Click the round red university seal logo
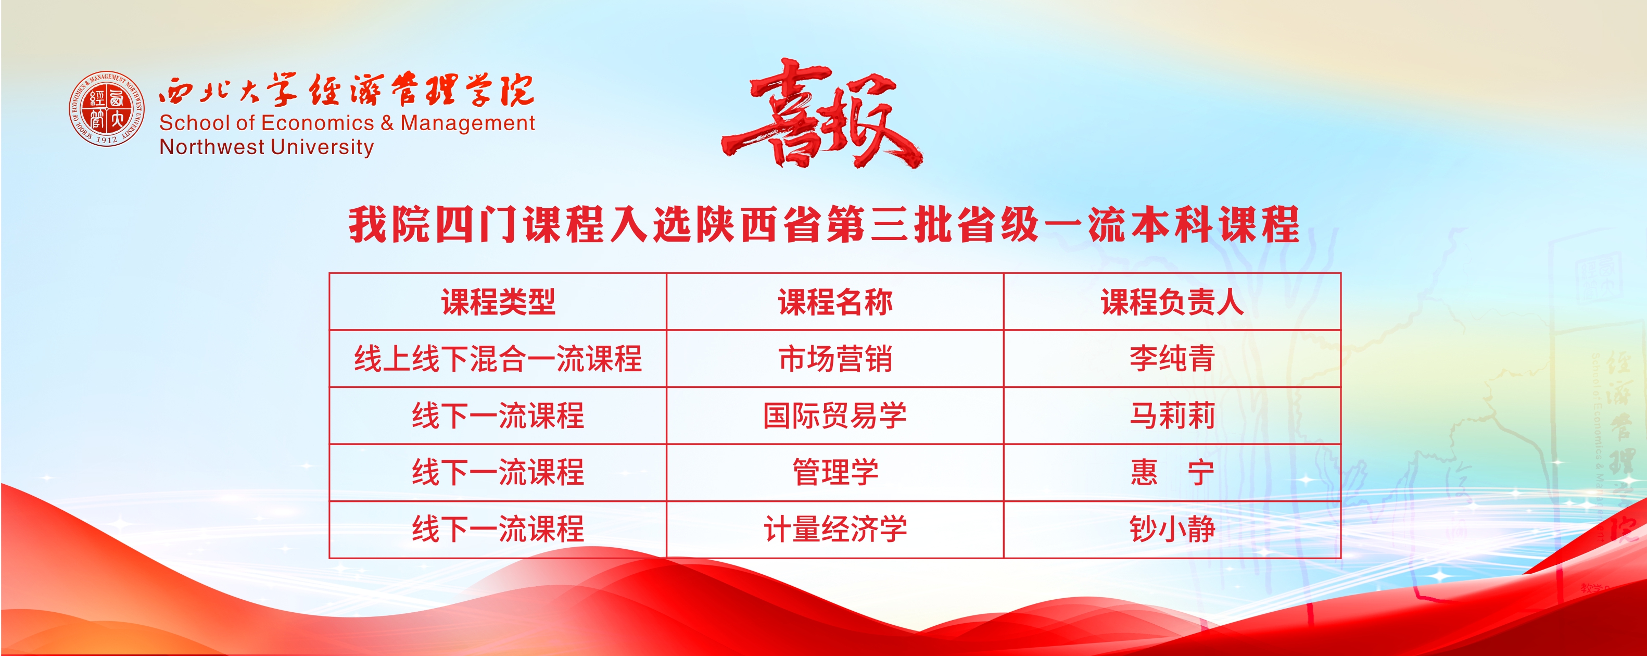107,109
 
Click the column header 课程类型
498,302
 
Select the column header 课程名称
835,302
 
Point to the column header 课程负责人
1172,302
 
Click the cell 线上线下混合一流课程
498,359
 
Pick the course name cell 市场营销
835,359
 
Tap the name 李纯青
1172,359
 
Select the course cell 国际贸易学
835,415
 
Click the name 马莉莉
1172,415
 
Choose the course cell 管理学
835,473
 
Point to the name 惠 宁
1172,473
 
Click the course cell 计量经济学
835,529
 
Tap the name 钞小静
1172,529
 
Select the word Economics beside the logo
317,123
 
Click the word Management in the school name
467,123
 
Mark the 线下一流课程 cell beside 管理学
498,473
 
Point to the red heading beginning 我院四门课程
824,224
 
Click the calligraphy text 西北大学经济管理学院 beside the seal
346,90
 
